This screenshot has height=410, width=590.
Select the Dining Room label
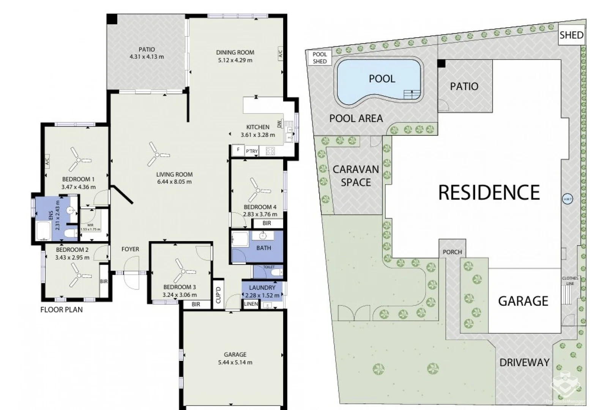[235, 52]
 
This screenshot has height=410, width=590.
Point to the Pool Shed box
[319, 58]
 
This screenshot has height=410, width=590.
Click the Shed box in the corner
[571, 35]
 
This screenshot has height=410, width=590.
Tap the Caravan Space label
[355, 176]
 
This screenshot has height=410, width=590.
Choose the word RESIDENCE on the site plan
[489, 192]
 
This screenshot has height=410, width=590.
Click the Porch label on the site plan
[452, 252]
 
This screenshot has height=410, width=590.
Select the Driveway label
[524, 363]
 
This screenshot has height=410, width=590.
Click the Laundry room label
[262, 288]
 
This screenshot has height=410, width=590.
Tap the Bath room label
[263, 248]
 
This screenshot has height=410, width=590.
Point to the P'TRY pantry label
[252, 151]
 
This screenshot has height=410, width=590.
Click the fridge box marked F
[238, 150]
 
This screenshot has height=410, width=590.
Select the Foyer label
[130, 249]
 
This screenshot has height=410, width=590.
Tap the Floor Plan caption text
[62, 310]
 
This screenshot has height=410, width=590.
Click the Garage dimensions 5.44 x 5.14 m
[235, 363]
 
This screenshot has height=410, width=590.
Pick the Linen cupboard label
[251, 304]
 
